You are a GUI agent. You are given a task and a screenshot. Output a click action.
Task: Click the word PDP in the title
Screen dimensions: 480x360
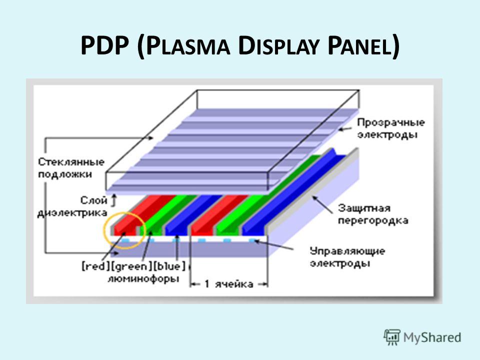click(104, 46)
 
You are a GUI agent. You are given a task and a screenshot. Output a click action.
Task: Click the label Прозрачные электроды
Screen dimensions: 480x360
click(390, 128)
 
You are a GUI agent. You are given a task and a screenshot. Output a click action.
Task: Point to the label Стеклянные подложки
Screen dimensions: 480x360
click(71, 168)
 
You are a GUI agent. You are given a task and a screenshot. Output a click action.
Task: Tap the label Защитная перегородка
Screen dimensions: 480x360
click(373, 214)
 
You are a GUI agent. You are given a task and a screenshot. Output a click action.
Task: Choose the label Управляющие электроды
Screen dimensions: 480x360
click(347, 257)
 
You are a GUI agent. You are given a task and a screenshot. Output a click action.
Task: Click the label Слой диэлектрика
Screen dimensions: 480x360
click(72, 206)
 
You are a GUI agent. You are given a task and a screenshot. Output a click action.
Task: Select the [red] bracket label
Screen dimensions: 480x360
click(95, 266)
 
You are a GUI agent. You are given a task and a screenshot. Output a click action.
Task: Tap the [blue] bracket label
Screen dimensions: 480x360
click(169, 266)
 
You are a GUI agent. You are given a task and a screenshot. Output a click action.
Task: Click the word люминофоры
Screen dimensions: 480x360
click(143, 279)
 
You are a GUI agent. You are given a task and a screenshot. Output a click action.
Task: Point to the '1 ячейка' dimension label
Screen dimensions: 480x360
click(228, 284)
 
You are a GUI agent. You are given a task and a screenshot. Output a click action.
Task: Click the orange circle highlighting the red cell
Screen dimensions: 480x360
click(104, 230)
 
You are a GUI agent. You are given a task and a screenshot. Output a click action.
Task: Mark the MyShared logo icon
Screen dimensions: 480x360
click(391, 337)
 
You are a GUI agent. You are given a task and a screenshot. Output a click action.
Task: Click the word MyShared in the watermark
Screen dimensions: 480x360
click(432, 337)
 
